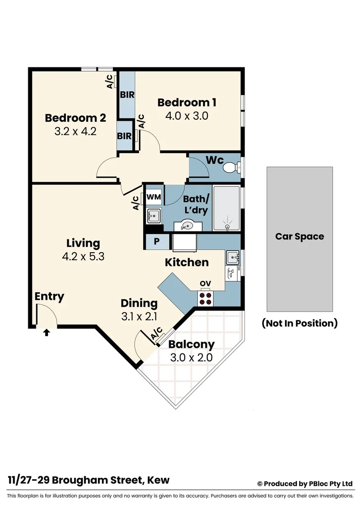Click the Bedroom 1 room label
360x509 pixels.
click(187, 102)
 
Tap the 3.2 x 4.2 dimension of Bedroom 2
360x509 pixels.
click(75, 131)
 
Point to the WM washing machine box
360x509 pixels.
click(154, 197)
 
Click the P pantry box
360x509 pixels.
click(156, 243)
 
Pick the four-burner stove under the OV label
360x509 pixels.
click(205, 297)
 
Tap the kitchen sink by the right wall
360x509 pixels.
click(232, 257)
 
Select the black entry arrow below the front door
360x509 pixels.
click(46, 333)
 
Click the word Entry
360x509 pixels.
click(49, 296)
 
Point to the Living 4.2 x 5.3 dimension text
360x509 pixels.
click(83, 257)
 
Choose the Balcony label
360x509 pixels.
click(191, 345)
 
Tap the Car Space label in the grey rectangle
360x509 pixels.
click(300, 237)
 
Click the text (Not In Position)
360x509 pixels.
click(300, 323)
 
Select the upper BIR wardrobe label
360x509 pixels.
click(127, 95)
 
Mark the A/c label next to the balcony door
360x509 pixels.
click(156, 334)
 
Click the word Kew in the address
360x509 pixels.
click(158, 480)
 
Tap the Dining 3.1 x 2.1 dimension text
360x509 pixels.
click(139, 317)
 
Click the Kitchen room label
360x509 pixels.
click(187, 263)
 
